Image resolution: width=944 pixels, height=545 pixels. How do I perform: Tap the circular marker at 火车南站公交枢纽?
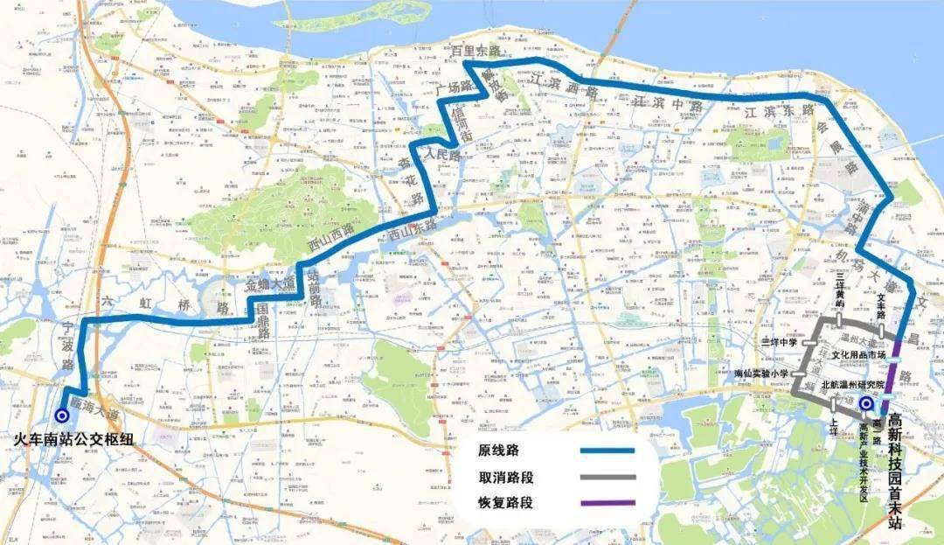click(61, 416)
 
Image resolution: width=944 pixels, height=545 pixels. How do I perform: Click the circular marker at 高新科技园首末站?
click(865, 404)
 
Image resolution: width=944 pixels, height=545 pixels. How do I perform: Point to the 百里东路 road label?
click(475, 52)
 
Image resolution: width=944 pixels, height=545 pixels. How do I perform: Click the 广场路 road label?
click(454, 88)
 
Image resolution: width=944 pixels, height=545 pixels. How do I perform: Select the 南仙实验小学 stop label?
click(763, 374)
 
